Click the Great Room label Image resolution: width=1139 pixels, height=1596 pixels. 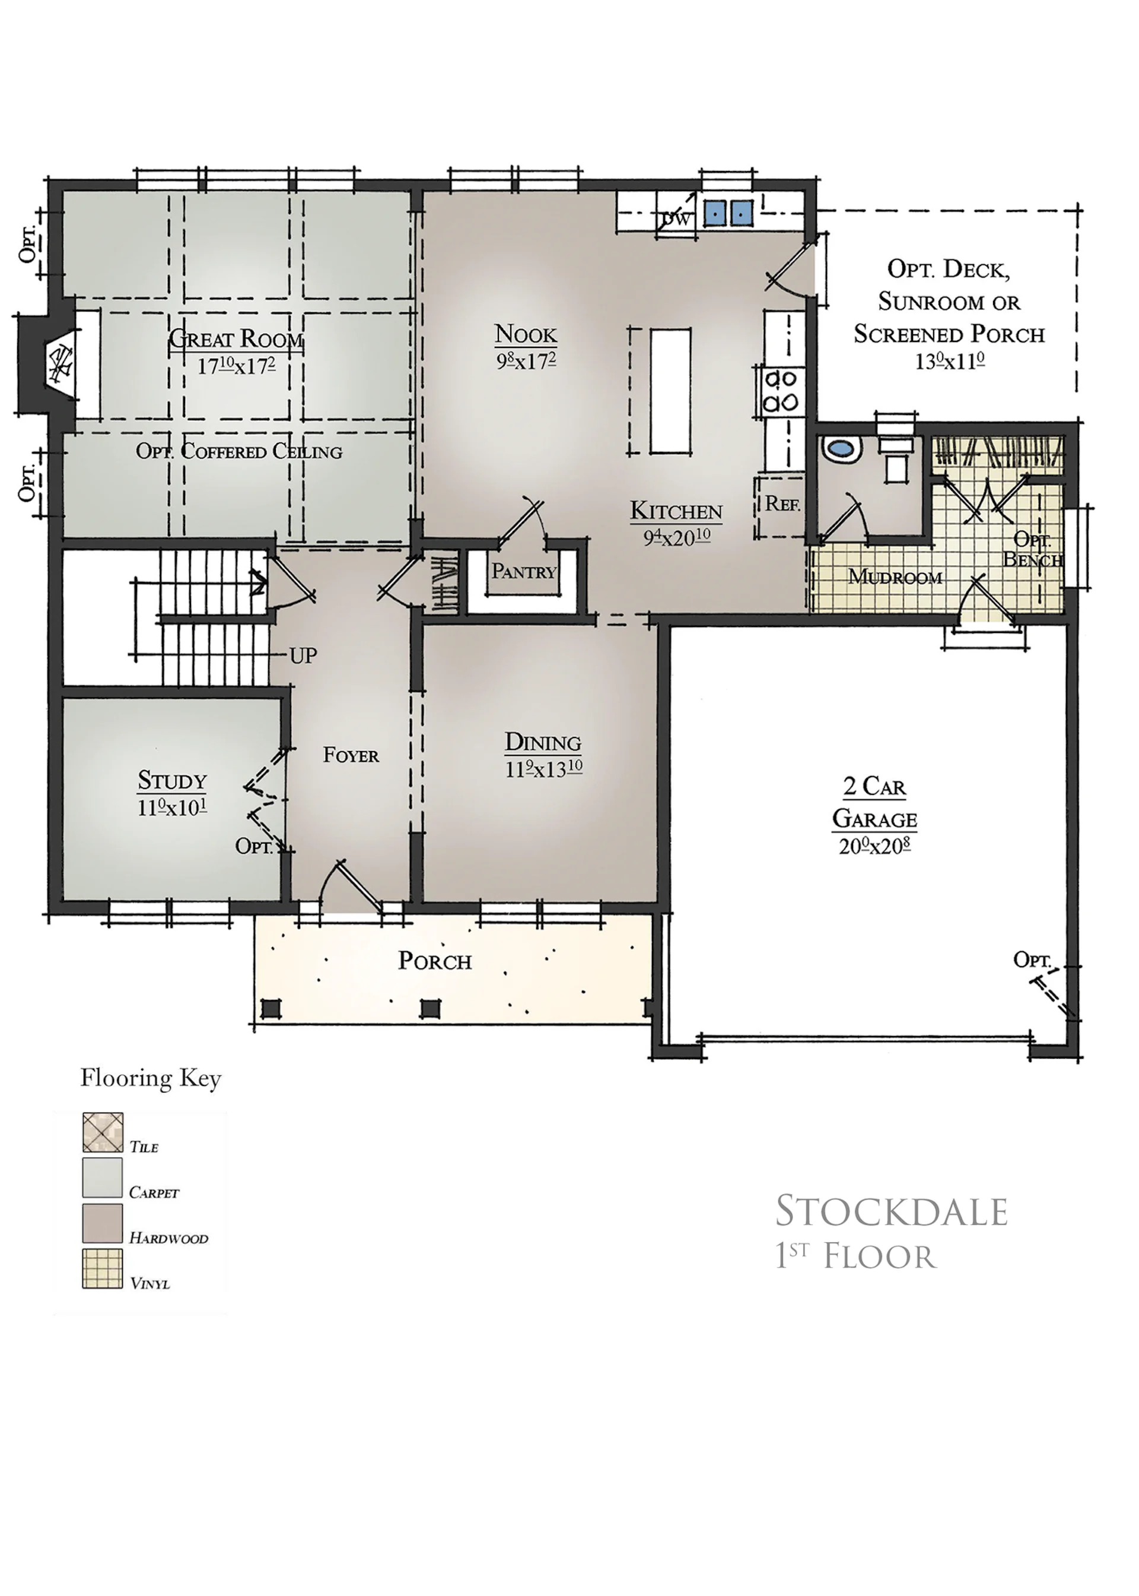coord(236,339)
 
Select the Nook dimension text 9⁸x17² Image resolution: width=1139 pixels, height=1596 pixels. coord(527,361)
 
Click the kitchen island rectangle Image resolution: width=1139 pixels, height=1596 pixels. coord(670,391)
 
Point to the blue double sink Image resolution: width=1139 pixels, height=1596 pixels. coord(728,212)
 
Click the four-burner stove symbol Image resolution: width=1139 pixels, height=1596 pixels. coord(781,391)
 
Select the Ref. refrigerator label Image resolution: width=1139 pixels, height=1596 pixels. coord(782,503)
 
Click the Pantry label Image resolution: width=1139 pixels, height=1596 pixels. coord(523,571)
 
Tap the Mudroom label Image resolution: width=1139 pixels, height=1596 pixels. coord(895,577)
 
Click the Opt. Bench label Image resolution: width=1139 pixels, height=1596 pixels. coord(1032,549)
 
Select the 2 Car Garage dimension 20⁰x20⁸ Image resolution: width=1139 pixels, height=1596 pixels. coord(874,847)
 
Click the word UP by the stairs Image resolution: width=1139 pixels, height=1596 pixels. coord(303,656)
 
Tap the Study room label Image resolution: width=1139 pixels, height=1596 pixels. coord(172,780)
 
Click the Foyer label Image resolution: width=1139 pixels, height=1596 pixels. coord(351,755)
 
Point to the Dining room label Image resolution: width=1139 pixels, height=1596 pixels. coord(543,742)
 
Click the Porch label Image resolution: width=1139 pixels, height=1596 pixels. coord(435,960)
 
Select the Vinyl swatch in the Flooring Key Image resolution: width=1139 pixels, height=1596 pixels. coord(103,1268)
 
